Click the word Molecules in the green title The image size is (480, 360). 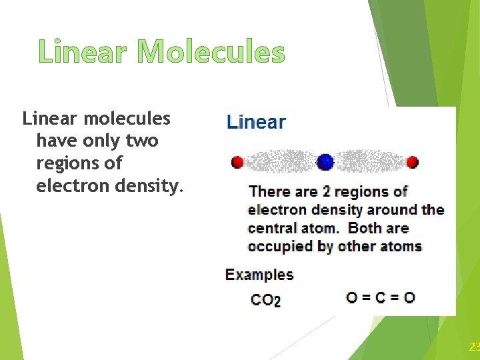pos(211,52)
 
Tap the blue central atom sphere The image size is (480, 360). pos(325,161)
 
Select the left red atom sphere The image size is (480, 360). pos(237,162)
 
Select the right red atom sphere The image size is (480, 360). pos(412,162)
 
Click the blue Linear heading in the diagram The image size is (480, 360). pos(257,122)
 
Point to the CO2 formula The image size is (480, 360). pos(265,299)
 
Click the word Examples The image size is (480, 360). pos(259,274)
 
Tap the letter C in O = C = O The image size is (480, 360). pos(380,297)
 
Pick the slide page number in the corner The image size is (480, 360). pos(474,347)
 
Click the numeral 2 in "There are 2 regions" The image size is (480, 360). pos(326,192)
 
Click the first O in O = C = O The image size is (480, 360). pos(352,297)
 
